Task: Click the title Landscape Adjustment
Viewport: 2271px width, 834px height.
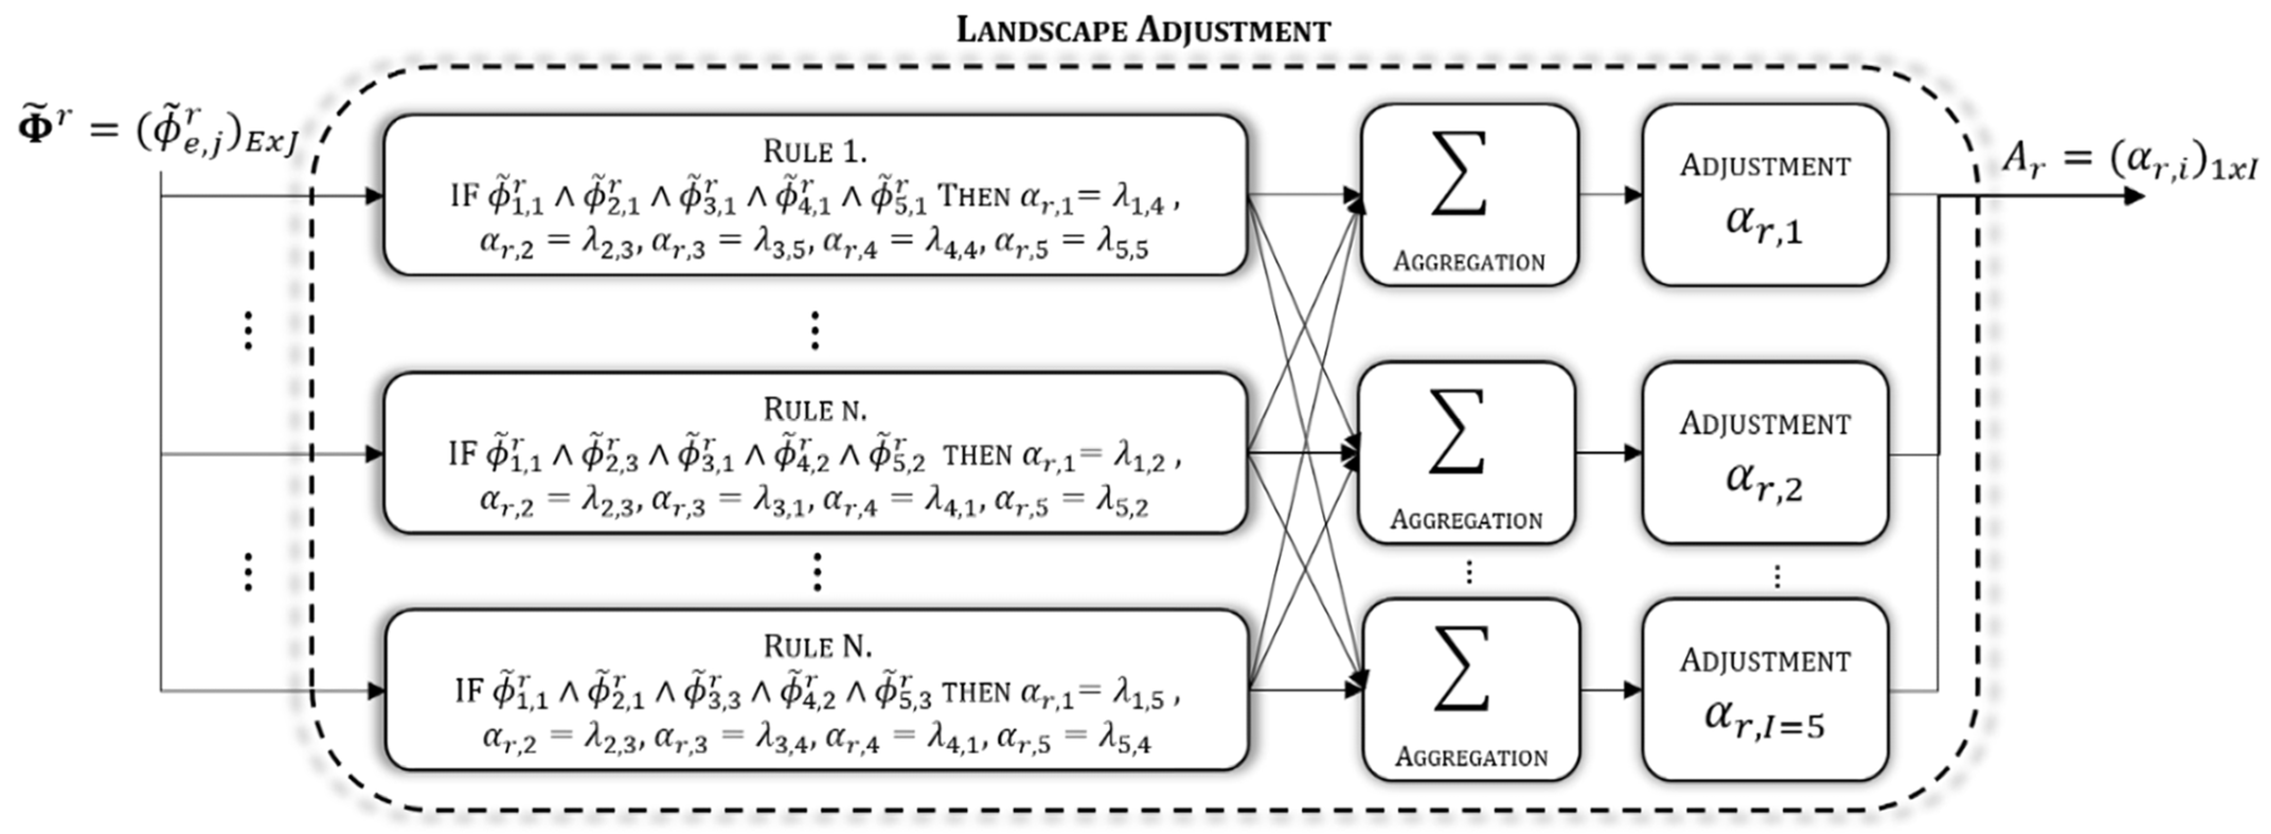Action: tap(1143, 30)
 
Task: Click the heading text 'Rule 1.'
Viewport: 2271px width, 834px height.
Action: tap(815, 151)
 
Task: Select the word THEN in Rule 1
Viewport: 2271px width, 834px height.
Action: tap(973, 196)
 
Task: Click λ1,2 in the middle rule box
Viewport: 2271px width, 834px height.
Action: tap(1139, 459)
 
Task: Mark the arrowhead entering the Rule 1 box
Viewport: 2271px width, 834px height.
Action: tap(374, 195)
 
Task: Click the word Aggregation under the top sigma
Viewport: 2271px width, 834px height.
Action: tap(1469, 262)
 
